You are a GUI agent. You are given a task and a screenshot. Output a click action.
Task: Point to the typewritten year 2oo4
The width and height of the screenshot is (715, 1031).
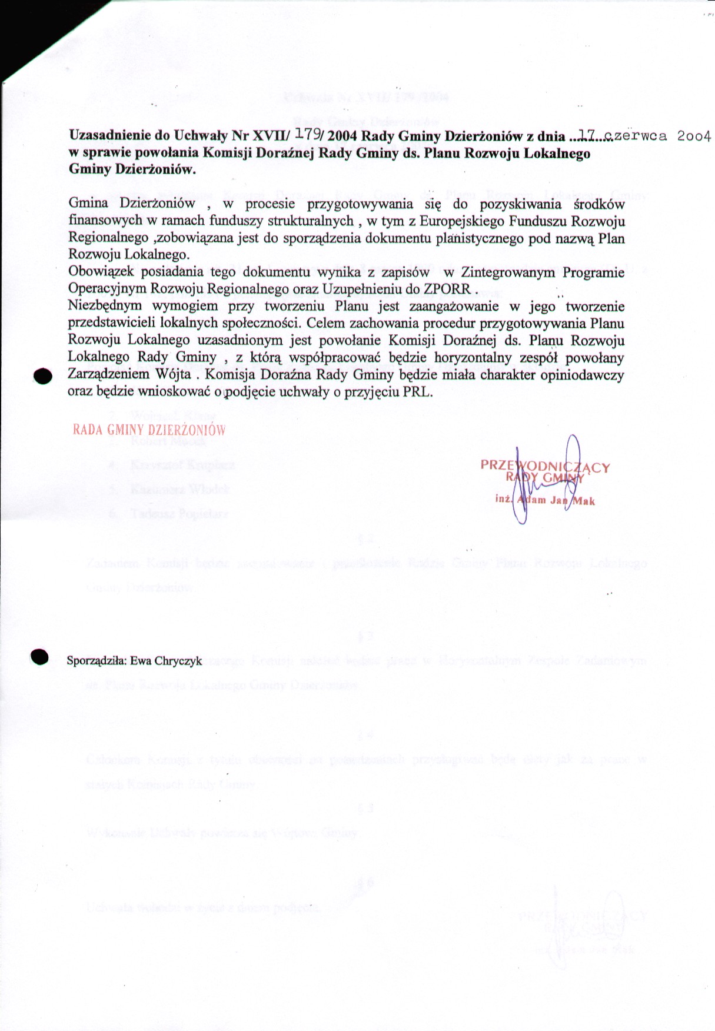pos(694,136)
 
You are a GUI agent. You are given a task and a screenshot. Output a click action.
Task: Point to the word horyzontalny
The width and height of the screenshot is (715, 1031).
pos(475,358)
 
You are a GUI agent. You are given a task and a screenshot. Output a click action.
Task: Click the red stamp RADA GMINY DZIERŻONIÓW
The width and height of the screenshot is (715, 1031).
pos(149,430)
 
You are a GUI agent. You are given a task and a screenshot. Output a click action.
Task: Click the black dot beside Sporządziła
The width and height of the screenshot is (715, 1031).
pos(39,657)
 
